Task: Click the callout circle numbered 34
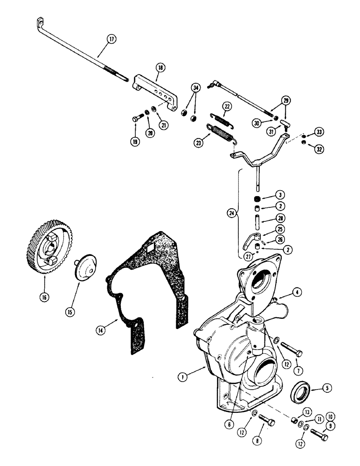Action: (195, 87)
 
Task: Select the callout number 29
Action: (285, 101)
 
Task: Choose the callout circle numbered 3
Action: (280, 194)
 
